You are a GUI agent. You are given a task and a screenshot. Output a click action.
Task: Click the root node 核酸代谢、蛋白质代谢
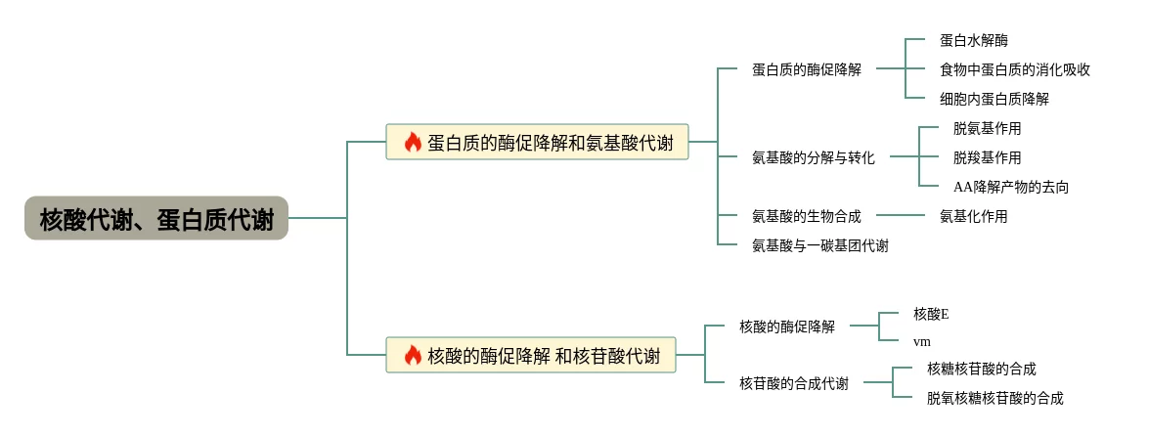click(x=156, y=219)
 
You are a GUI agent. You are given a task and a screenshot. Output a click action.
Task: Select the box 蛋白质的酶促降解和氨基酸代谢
click(x=538, y=142)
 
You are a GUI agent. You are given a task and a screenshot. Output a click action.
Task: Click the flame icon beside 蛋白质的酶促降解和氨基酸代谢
click(x=413, y=142)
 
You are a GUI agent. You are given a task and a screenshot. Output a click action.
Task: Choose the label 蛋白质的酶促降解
click(x=807, y=69)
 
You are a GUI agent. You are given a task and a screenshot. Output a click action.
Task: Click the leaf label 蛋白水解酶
click(x=973, y=40)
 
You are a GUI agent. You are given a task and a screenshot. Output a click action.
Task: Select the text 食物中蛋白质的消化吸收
click(x=1014, y=69)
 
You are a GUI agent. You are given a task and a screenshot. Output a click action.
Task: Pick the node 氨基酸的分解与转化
click(x=813, y=157)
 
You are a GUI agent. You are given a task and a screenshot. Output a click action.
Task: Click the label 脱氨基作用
click(x=987, y=128)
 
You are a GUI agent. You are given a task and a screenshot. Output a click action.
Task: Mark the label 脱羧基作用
click(x=987, y=157)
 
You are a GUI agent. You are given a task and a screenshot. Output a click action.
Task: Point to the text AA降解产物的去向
click(x=1010, y=187)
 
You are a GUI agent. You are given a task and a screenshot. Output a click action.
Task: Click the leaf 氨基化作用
click(x=973, y=216)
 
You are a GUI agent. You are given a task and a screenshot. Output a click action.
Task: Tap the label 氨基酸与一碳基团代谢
click(x=819, y=245)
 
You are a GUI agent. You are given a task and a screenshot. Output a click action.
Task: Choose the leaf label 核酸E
click(x=931, y=314)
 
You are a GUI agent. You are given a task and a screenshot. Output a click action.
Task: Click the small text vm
click(x=921, y=341)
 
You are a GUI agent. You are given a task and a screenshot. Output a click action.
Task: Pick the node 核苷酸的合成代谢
click(x=794, y=383)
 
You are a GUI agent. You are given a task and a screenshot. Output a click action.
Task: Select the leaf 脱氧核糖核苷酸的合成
click(x=994, y=398)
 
